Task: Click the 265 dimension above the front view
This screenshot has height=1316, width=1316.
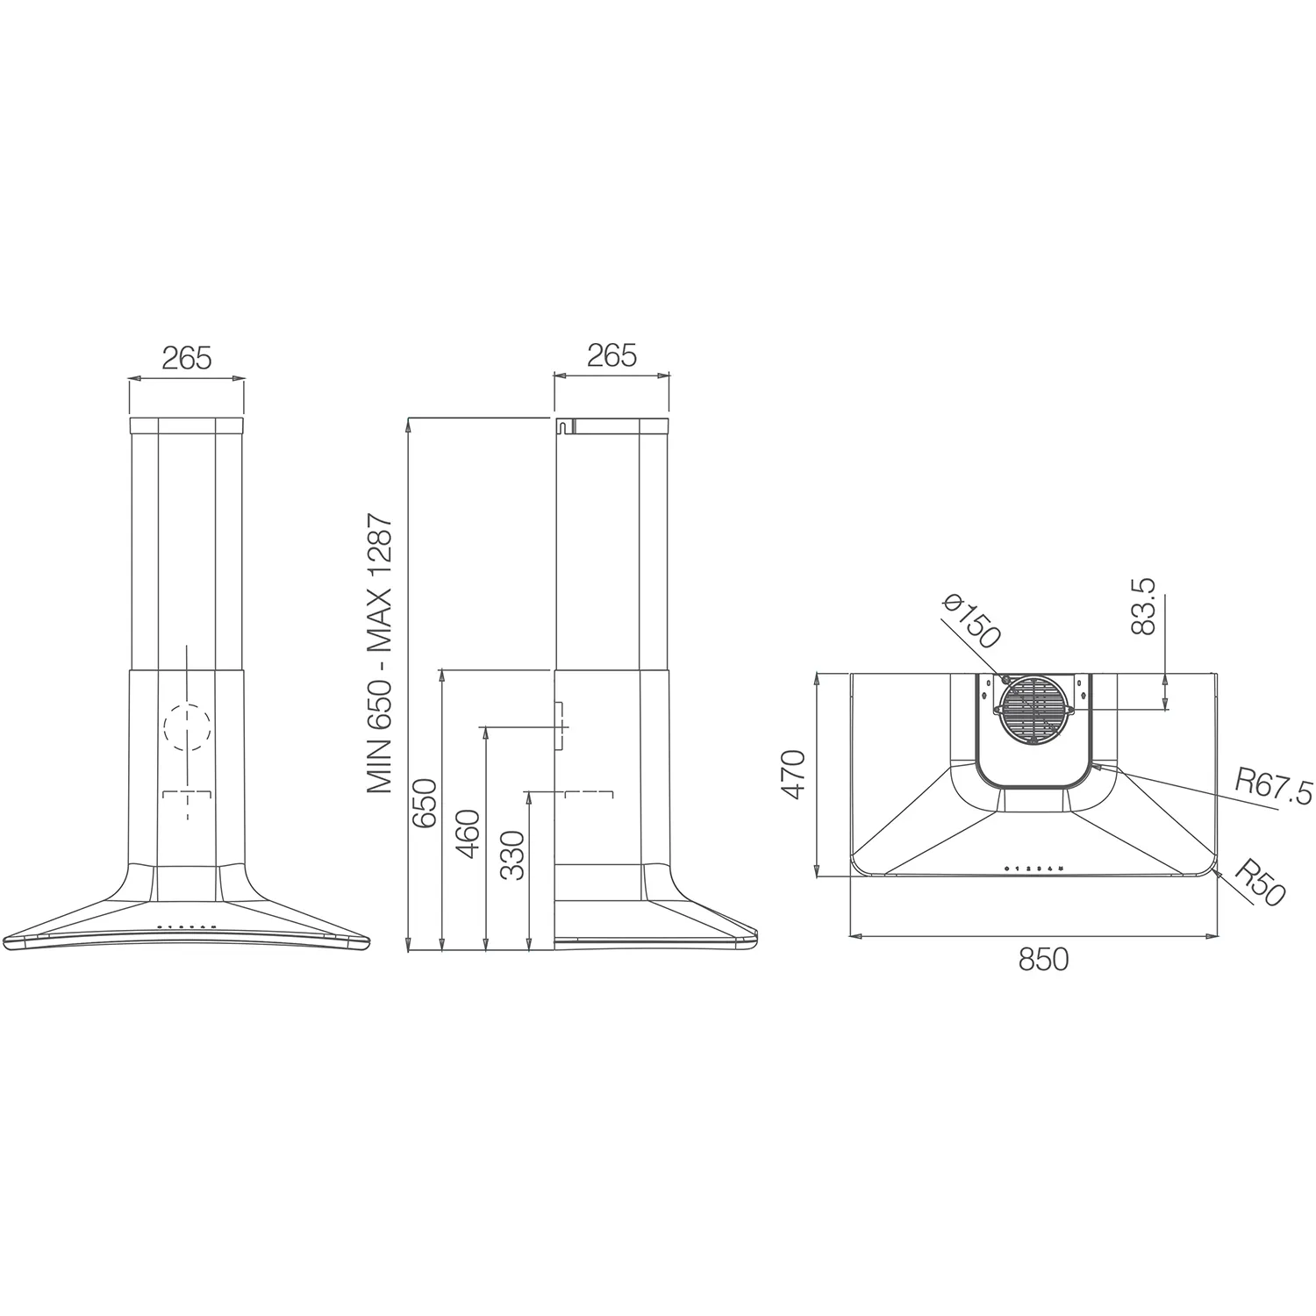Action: (x=187, y=358)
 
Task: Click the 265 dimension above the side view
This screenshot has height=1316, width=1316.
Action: (x=612, y=355)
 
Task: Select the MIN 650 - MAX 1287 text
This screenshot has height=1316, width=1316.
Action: (x=380, y=654)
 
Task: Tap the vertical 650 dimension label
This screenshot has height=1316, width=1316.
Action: (x=425, y=803)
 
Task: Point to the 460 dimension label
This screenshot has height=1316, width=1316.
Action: (x=468, y=833)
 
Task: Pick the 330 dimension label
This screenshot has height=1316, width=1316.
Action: (x=511, y=855)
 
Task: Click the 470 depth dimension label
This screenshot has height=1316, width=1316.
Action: (x=793, y=774)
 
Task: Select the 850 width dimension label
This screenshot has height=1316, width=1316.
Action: (x=1043, y=960)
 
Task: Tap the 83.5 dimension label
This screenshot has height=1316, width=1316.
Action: (x=1145, y=605)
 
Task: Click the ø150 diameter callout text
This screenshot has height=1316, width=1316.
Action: (x=971, y=621)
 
